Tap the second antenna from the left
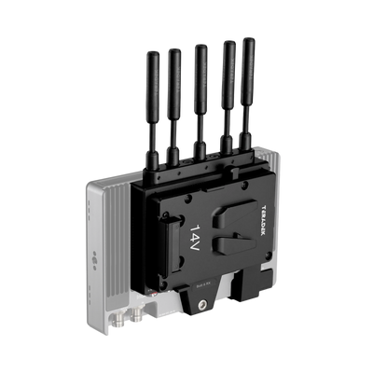pos(173,84)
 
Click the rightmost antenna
pos(248,75)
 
